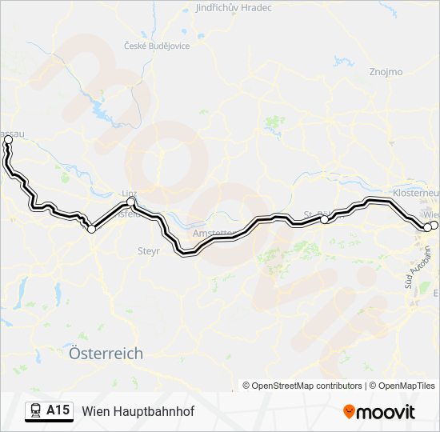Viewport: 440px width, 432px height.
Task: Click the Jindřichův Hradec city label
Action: [234, 8]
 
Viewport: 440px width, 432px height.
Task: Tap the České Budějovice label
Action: [157, 46]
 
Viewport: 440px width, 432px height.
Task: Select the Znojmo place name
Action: [386, 72]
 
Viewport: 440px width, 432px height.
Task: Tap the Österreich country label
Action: [106, 353]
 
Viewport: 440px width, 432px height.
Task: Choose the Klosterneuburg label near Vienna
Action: [416, 194]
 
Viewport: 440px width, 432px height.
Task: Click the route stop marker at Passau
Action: [8, 140]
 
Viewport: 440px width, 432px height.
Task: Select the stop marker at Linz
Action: [132, 203]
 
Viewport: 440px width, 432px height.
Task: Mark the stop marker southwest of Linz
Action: [91, 230]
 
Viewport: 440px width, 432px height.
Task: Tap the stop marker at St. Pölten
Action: [324, 218]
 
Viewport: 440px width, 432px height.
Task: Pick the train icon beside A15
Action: [36, 411]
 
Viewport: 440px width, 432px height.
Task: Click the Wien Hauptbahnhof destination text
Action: [138, 411]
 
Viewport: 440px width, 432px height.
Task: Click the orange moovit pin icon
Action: [350, 412]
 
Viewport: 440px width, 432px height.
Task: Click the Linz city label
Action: [128, 194]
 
